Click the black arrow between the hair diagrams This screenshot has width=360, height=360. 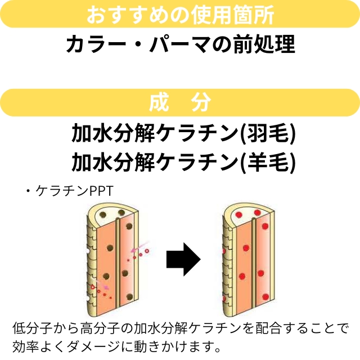pos(183,259)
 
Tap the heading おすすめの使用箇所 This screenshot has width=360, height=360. pos(180,15)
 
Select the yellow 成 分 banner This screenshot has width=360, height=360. pos(180,102)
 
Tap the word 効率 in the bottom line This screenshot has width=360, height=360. pos(24,344)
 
